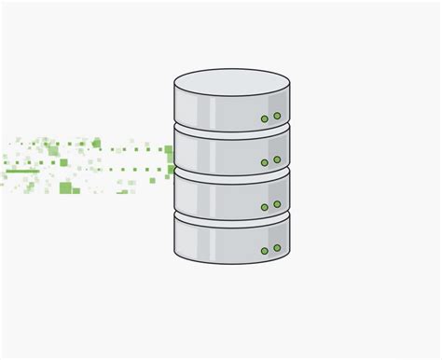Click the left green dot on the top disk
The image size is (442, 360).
pos(265,118)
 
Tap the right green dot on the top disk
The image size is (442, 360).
pos(277,116)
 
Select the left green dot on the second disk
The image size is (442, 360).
pos(265,162)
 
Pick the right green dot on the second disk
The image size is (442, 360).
pos(277,159)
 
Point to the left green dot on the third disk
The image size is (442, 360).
pos(265,206)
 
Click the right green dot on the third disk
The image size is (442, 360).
pos(277,203)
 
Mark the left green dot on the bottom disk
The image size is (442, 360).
pos(265,250)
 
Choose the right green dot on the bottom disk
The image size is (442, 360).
pos(277,247)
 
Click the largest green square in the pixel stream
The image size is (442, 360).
pos(65,187)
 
